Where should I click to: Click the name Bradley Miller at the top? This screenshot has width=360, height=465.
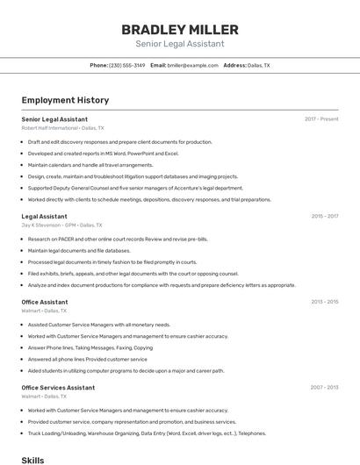coord(179,29)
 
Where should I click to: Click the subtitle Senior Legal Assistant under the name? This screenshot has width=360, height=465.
coord(179,44)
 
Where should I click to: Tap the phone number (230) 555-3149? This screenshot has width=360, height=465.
coord(127,66)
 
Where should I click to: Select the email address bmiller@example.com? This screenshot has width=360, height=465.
coord(192,66)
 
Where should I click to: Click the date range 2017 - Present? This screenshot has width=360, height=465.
coord(321,118)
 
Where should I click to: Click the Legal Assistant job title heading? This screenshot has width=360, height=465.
coord(44,216)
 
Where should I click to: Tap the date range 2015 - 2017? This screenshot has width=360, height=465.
coord(324,216)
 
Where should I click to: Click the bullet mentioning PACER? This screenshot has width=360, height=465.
coord(118,239)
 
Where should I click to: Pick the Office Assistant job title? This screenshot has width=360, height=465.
coord(45,302)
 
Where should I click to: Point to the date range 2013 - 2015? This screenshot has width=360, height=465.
coord(324,302)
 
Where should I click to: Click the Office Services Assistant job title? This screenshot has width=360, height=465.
coord(58,388)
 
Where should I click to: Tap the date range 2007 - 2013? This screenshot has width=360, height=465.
coord(324,388)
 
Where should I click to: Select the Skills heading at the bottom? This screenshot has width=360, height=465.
coord(32,460)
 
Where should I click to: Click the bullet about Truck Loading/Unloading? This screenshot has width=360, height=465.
coord(147,433)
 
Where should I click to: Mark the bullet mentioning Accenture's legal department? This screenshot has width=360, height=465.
coord(135,188)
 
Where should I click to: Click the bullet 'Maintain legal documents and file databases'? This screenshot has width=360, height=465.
coord(85,250)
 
